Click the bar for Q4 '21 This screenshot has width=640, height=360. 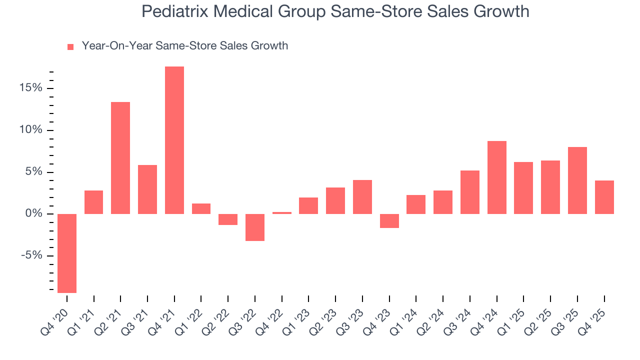pos(174,140)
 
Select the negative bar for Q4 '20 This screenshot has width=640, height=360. pos(67,253)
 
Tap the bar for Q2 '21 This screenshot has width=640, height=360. pos(120,158)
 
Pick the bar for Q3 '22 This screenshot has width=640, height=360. pos(255,227)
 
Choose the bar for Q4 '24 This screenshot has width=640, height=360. pos(497,177)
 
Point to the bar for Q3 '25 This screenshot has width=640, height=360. pos(577,180)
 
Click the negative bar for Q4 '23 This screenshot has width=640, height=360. pos(389,221)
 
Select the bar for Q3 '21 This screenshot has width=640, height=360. pos(147,189)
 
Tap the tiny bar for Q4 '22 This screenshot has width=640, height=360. pos(282,213)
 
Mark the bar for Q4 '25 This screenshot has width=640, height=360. pos(604,197)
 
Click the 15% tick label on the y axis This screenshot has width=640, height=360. pos(31,88)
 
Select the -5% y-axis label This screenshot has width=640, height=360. pos(32,256)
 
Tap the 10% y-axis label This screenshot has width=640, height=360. pos(31,130)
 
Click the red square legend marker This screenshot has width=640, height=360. pos(70,47)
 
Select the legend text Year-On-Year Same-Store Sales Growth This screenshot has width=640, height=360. pos(185,46)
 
